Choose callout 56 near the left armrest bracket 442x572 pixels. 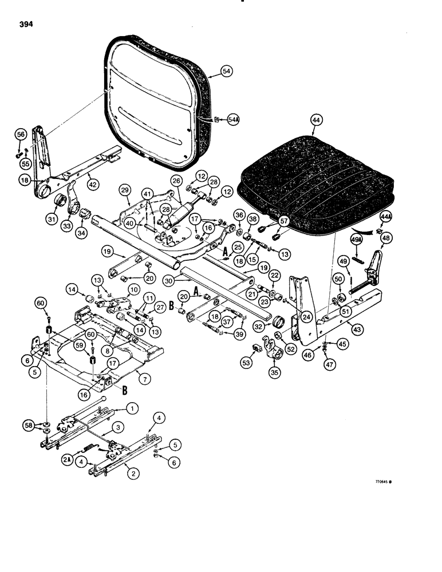(21, 150)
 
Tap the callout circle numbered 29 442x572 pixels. (125, 189)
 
